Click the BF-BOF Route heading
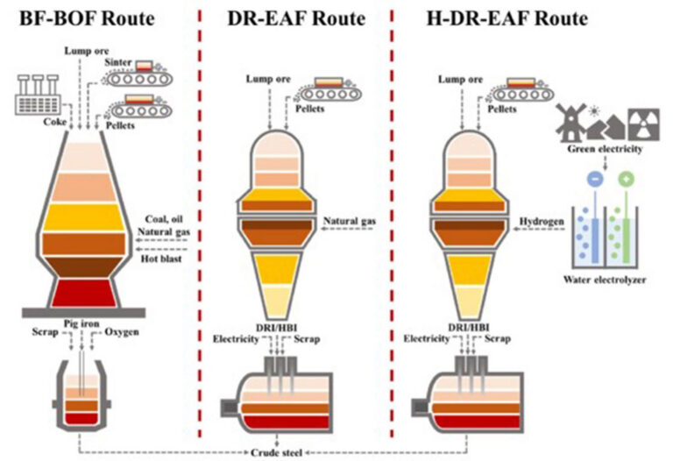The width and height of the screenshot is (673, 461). click(87, 19)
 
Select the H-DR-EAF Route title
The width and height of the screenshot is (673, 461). click(507, 19)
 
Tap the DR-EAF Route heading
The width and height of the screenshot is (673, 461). click(296, 19)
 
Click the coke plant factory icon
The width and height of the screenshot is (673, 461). click(38, 95)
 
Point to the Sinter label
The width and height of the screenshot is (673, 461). click(118, 62)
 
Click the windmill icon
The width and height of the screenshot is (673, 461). click(571, 122)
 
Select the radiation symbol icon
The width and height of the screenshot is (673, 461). click(644, 124)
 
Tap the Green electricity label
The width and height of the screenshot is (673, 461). click(605, 149)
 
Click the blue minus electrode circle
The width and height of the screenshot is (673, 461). click(596, 179)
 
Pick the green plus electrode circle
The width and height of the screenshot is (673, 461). click(627, 179)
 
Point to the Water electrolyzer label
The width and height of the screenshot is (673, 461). click(605, 280)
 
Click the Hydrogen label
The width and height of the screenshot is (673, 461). click(542, 222)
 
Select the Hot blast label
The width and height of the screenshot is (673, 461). click(161, 259)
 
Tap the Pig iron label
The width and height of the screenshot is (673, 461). click(81, 323)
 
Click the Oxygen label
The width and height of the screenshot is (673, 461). click(122, 332)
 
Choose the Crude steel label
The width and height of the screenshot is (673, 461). click(276, 453)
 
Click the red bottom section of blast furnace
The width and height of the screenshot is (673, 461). click(84, 294)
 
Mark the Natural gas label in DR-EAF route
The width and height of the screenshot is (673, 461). click(350, 222)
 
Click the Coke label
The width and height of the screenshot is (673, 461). click(55, 122)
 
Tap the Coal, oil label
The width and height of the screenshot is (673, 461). click(164, 219)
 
